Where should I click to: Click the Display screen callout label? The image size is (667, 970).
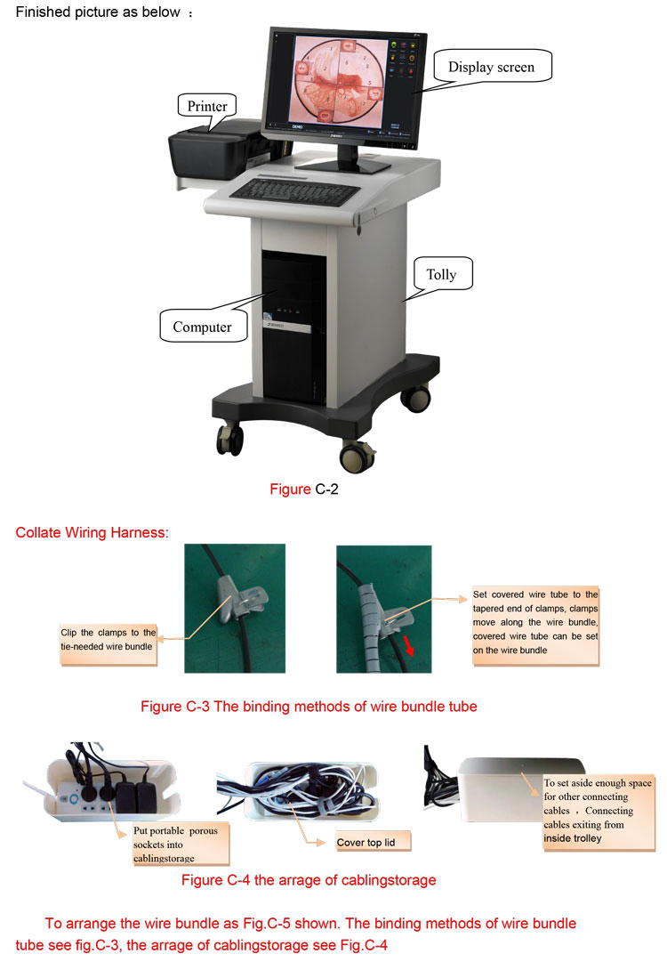click(x=491, y=67)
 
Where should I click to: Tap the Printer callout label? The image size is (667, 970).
click(x=207, y=107)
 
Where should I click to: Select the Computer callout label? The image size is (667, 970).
click(x=202, y=327)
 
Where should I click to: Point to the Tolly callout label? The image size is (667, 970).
click(x=440, y=274)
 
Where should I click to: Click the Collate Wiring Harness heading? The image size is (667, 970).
click(x=92, y=533)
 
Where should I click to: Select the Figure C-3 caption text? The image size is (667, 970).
click(x=309, y=707)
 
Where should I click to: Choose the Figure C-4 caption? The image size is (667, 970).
click(x=309, y=880)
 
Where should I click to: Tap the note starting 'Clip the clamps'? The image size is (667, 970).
click(x=108, y=640)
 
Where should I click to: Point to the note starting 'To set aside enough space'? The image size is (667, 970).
click(x=599, y=810)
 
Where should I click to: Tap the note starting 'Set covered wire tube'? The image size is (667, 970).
click(x=536, y=621)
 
